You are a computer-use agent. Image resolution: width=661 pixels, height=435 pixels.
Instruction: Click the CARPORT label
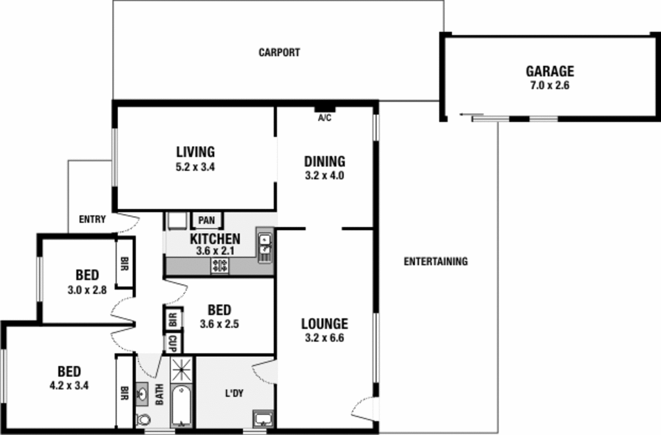pyautogui.click(x=279, y=53)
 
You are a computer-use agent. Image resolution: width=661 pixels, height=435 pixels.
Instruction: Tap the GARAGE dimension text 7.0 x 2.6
pyautogui.click(x=549, y=86)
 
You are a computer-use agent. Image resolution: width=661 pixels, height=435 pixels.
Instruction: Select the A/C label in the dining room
pyautogui.click(x=324, y=118)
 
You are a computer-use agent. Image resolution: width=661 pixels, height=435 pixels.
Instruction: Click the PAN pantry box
pyautogui.click(x=207, y=220)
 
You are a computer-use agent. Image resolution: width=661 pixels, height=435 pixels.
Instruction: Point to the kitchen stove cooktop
pyautogui.click(x=219, y=265)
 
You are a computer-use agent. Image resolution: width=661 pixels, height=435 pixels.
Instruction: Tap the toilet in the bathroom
pyautogui.click(x=143, y=419)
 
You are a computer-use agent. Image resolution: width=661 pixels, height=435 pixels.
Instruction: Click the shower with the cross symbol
pyautogui.click(x=182, y=369)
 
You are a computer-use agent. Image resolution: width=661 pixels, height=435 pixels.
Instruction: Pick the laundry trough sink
pyautogui.click(x=263, y=419)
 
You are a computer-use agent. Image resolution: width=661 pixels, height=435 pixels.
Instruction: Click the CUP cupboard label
pyautogui.click(x=173, y=344)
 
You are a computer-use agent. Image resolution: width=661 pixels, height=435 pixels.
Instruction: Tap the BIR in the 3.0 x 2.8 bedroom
pyautogui.click(x=124, y=263)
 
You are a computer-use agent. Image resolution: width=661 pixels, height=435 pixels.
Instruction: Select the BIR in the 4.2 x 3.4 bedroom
pyautogui.click(x=124, y=393)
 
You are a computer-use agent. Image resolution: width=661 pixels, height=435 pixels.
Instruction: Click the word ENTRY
pyautogui.click(x=92, y=219)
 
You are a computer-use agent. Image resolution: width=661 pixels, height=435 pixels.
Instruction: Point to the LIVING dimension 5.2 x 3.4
pyautogui.click(x=195, y=167)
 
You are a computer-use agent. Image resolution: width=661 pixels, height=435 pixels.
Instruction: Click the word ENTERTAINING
pyautogui.click(x=435, y=261)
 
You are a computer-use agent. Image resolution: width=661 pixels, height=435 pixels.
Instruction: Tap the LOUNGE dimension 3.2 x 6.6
pyautogui.click(x=324, y=338)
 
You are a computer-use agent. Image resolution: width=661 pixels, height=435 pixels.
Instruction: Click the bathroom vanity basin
pyautogui.click(x=142, y=394)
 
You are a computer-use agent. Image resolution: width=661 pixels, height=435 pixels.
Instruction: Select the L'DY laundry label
pyautogui.click(x=234, y=393)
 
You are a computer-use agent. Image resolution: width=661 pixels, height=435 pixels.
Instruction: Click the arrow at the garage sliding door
pyautogui.click(x=466, y=115)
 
